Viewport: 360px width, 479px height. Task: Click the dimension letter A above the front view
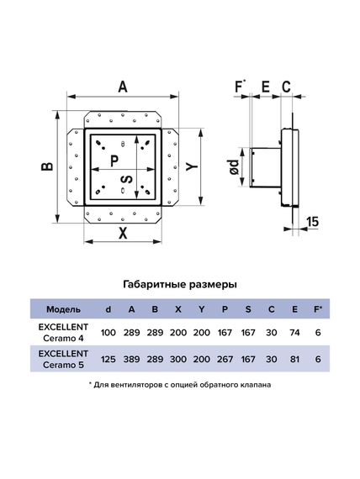point(123,87)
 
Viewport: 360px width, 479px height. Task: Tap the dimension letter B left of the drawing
point(47,166)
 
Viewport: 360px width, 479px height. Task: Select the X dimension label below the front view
point(123,234)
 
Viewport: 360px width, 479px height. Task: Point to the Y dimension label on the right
point(193,166)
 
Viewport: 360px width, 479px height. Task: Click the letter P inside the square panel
point(114,161)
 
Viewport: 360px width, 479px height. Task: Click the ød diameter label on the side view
point(234,166)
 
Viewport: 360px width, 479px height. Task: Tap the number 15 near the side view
point(312,221)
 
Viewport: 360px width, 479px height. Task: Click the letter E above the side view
point(266,87)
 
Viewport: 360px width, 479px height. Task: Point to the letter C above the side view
point(286,87)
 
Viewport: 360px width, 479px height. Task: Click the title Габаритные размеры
point(180,285)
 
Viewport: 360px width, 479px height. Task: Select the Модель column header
point(64,309)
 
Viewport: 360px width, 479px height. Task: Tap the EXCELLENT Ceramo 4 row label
point(63,333)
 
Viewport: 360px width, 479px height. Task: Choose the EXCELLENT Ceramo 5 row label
point(63,360)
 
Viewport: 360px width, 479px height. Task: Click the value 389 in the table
point(131,360)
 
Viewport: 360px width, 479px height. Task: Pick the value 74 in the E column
point(294,333)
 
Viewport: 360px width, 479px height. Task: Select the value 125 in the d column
point(109,360)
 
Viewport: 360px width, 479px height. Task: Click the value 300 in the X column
point(178,360)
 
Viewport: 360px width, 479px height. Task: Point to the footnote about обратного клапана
point(180,385)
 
